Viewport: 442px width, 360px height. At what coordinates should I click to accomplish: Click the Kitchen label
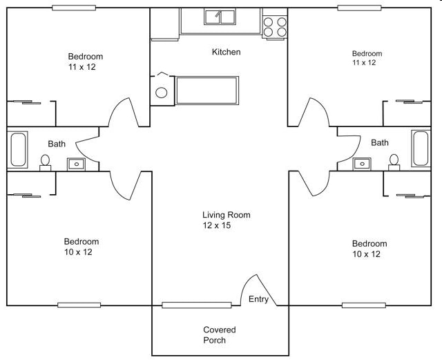coord(226,52)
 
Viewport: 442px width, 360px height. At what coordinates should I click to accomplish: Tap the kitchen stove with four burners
coord(274,26)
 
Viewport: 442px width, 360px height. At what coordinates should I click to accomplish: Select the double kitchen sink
coord(221,17)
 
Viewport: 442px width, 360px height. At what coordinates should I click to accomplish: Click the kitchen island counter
coord(207,91)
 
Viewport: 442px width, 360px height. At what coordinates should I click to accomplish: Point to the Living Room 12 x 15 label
coord(226,220)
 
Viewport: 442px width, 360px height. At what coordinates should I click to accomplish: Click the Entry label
coord(258,299)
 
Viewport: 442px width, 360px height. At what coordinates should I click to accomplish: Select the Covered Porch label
coord(220,335)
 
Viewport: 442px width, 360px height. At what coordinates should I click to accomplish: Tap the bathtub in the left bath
coord(19,150)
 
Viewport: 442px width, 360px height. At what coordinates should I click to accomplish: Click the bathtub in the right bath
coord(420,149)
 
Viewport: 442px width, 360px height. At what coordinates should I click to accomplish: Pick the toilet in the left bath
coord(46,162)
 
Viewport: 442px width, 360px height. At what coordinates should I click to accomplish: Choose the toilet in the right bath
coord(394,162)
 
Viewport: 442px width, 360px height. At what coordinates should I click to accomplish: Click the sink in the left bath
coord(75,164)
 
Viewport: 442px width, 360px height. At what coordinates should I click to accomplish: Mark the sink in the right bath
coord(361,164)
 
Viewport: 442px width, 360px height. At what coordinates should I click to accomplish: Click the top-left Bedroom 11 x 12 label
coord(86,61)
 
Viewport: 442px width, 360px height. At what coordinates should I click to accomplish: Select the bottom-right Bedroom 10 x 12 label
coord(369,249)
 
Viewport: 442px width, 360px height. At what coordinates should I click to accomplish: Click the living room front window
coord(197,305)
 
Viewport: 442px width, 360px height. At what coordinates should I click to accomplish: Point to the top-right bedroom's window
coord(359,8)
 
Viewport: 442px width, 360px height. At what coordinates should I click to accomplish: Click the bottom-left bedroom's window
coord(79,305)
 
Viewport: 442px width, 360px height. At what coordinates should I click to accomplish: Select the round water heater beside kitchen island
coord(162,92)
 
